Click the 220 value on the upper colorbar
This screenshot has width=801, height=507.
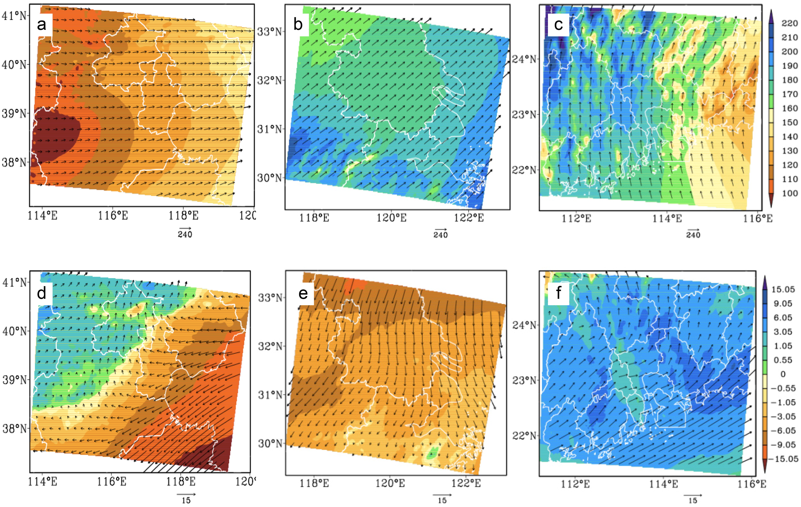789,23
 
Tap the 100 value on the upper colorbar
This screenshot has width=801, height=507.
789,193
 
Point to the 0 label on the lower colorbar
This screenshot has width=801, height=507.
783,374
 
